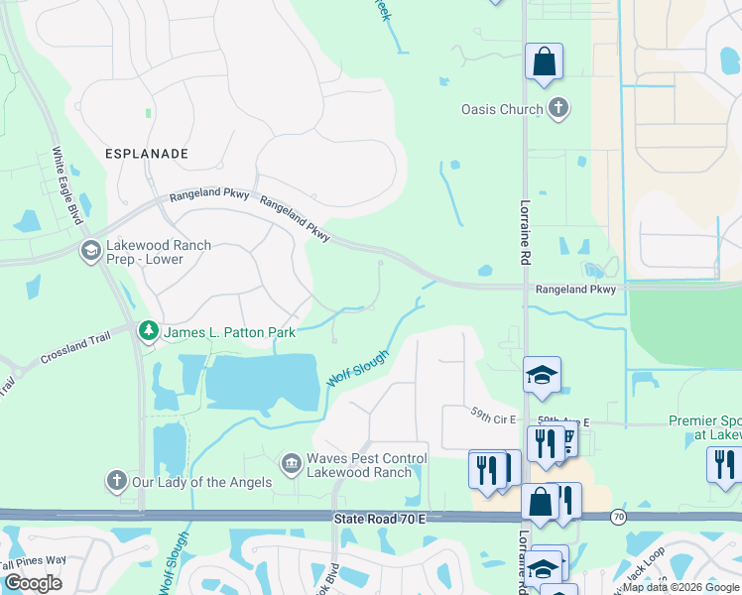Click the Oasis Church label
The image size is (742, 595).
(502, 109)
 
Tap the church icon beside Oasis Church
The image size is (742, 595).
(558, 108)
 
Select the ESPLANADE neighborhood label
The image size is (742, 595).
(147, 154)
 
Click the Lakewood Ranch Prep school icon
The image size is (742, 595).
(91, 251)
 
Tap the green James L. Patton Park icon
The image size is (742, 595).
(149, 330)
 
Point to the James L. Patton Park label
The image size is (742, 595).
(229, 332)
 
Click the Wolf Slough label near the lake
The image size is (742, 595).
(358, 367)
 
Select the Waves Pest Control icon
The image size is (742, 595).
(291, 462)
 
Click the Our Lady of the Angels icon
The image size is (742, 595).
(116, 481)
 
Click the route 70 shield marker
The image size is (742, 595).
(619, 517)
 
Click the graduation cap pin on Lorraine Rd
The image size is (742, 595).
(543, 375)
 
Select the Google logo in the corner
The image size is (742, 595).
(33, 583)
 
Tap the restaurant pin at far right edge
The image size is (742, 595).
(725, 463)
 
